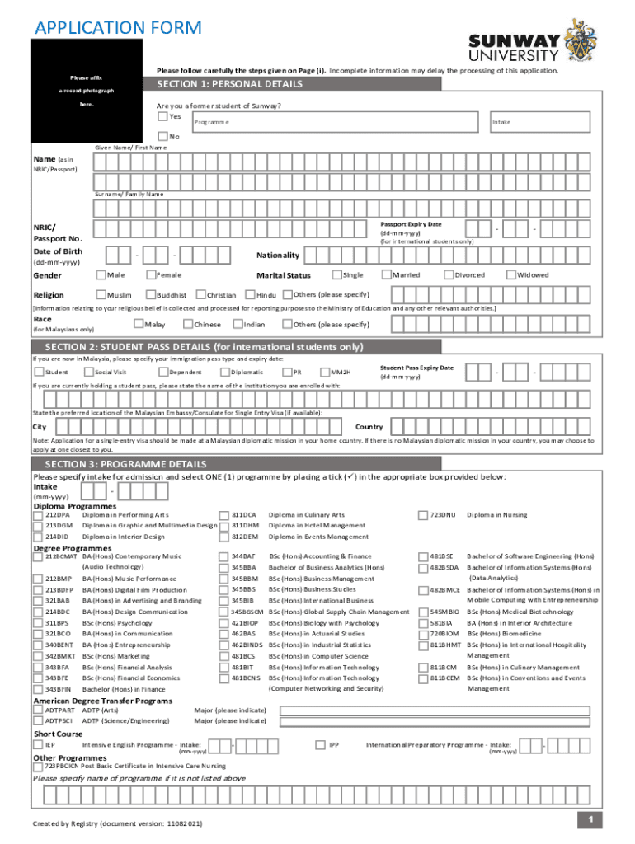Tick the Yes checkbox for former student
[x=162, y=116]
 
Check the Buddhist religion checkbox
[x=150, y=295]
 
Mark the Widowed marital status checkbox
[x=510, y=274]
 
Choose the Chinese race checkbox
[x=187, y=324]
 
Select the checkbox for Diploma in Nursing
[x=425, y=515]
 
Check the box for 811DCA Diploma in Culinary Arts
[x=223, y=515]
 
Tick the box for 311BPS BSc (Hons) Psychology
[x=38, y=623]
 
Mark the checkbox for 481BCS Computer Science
[x=223, y=656]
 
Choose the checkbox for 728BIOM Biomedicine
[x=425, y=634]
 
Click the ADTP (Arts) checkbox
[x=38, y=710]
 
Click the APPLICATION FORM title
[x=117, y=28]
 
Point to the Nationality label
[x=278, y=255]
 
